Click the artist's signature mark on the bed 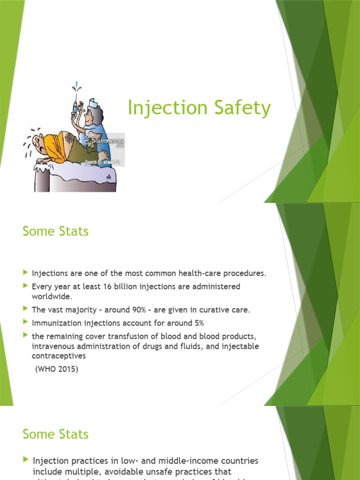click(x=109, y=178)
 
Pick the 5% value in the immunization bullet click(x=198, y=323)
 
